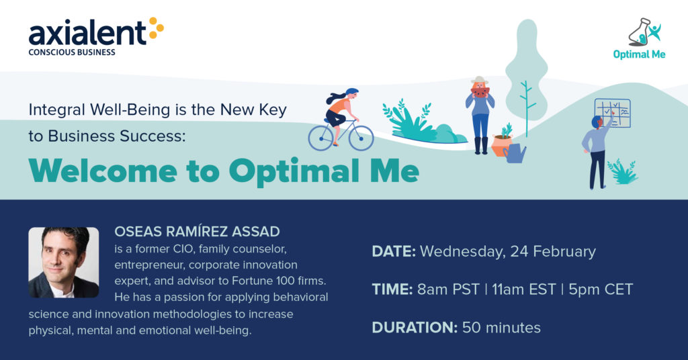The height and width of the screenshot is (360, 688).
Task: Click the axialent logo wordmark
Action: pos(87,33)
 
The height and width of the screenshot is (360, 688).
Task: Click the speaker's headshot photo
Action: pos(64,262)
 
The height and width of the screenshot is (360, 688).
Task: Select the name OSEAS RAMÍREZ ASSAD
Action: pos(197,232)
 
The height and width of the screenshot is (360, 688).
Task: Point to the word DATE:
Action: pos(394,251)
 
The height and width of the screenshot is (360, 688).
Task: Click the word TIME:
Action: pos(392,289)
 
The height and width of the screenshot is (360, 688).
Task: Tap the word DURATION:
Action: pos(415,328)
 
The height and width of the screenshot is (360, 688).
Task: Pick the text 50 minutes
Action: pos(501,328)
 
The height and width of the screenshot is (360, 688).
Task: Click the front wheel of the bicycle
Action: pos(361,138)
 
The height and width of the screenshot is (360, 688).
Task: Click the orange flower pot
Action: pos(501,145)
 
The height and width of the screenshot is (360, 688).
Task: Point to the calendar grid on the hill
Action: pos(613,113)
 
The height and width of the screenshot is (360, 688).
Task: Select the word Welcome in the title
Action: pos(103,171)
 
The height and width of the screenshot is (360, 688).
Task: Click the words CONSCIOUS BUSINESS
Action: pos(72,52)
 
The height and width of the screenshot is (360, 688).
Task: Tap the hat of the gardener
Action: pos(479,81)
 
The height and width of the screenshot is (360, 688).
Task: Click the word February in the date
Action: pos(564,252)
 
